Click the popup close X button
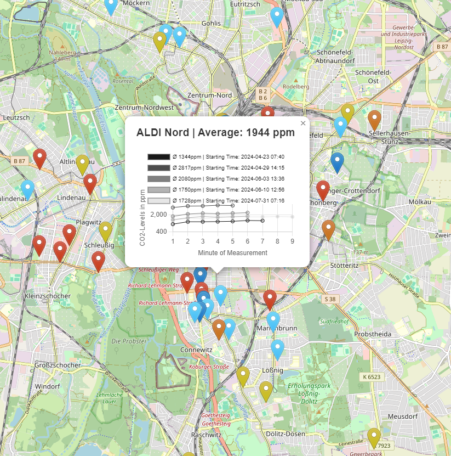click(303, 123)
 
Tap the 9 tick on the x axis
click(293, 241)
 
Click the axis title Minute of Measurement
click(232, 253)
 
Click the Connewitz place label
click(196, 350)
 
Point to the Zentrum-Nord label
click(209, 95)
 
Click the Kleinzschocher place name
click(48, 296)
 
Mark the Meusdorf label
click(403, 416)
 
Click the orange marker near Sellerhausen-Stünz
click(374, 119)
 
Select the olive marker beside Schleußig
click(106, 230)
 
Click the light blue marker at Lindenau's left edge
click(27, 188)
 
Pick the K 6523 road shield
click(372, 377)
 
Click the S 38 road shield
click(329, 299)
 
